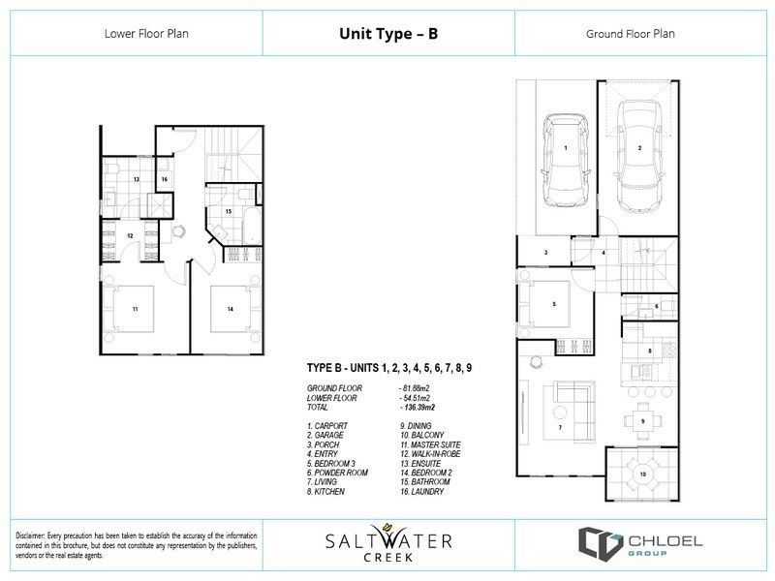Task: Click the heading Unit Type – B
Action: (387, 33)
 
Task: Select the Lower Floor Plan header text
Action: (145, 33)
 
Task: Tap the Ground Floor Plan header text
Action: (631, 33)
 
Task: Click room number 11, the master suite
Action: (136, 309)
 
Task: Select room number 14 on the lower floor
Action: (231, 309)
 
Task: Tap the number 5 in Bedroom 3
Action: (553, 304)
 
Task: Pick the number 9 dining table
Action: (642, 421)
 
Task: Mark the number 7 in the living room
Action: (559, 427)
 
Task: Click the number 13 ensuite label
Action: (137, 180)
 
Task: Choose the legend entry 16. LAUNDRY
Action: (422, 491)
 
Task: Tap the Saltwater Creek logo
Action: (387, 543)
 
